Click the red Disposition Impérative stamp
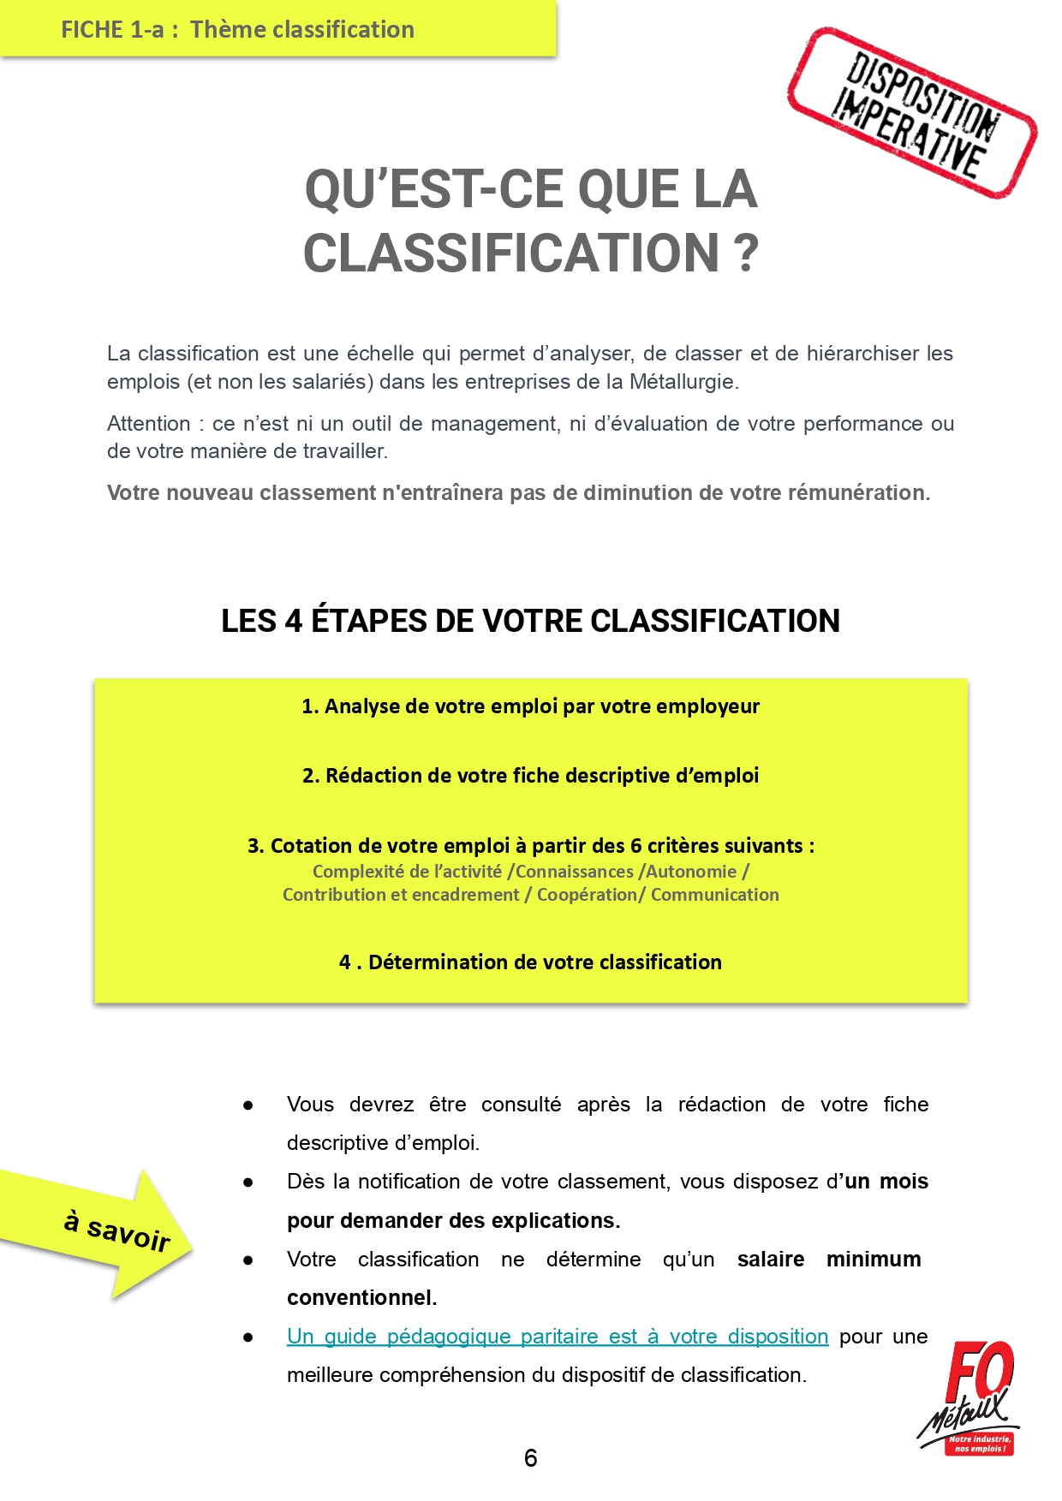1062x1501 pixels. pos(912,113)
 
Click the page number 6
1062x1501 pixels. pos(530,1457)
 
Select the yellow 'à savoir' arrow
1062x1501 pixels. pos(103,1231)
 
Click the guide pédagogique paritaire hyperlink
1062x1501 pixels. pos(558,1336)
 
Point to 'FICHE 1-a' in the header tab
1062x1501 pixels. pos(112,30)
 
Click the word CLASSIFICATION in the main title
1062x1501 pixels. pos(511,253)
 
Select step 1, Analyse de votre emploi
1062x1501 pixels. pos(530,706)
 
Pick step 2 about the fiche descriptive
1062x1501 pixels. pos(530,776)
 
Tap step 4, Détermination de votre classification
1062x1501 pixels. pos(530,962)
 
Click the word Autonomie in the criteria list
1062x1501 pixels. pos(691,872)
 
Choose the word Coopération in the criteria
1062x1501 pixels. pos(588,895)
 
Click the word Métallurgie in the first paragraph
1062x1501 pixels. pos(683,382)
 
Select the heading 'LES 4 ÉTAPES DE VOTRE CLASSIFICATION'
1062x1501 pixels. pos(530,621)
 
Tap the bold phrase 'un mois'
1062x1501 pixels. pos(886,1182)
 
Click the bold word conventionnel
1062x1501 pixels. pos(361,1298)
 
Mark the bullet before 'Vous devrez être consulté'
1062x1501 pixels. pos(248,1105)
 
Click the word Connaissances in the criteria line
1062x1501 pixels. pos(575,872)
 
